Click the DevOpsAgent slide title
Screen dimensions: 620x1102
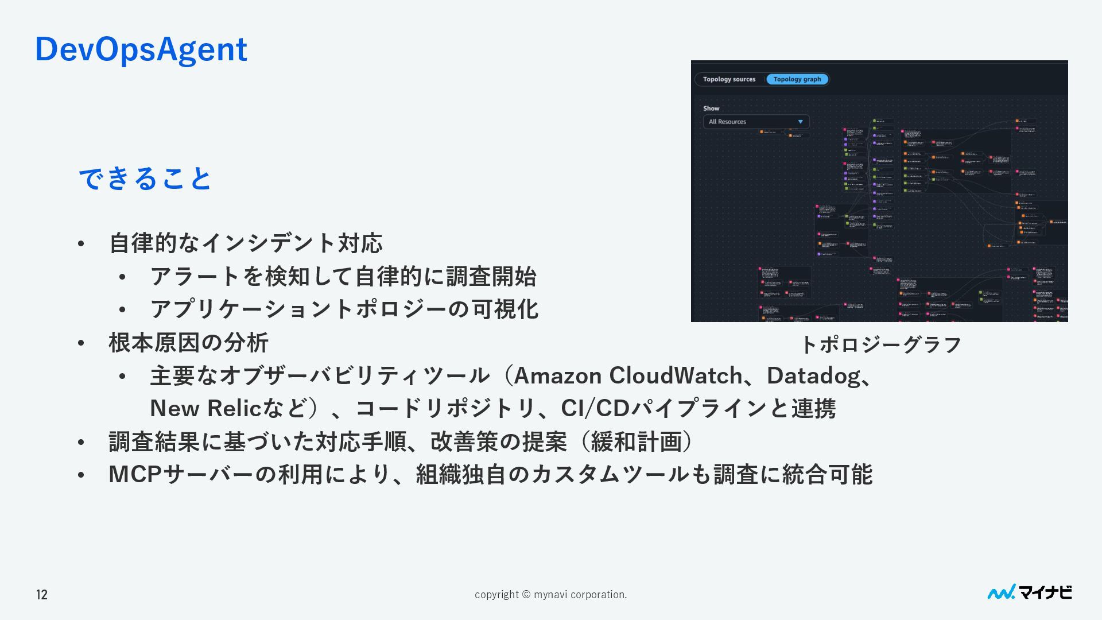click(141, 49)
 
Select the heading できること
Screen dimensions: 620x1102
click(145, 178)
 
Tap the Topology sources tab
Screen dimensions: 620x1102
click(729, 79)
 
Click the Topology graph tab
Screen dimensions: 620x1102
click(797, 79)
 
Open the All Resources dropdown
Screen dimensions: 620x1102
click(755, 122)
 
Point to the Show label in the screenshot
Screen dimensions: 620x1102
click(711, 108)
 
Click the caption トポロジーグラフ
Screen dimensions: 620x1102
click(880, 344)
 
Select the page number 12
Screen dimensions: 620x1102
click(42, 595)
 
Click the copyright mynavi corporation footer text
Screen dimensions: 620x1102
click(550, 595)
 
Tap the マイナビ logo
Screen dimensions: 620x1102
click(1029, 592)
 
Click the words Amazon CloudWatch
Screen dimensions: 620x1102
click(627, 375)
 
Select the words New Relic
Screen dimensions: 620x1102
click(205, 408)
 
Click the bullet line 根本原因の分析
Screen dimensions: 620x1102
click(188, 343)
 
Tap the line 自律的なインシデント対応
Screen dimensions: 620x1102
click(246, 243)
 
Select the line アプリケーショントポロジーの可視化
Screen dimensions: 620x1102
click(344, 309)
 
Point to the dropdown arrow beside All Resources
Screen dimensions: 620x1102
click(800, 122)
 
